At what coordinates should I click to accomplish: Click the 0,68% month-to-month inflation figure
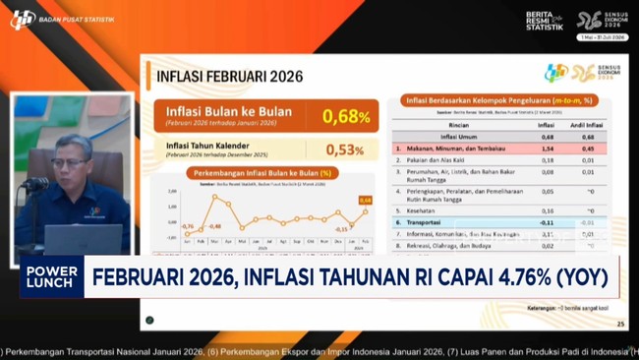tap(346, 117)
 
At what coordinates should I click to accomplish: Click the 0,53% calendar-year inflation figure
tap(344, 150)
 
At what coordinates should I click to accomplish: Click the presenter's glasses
tap(71, 163)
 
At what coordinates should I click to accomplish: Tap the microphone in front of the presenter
tap(37, 184)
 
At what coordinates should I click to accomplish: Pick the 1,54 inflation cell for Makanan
tap(548, 148)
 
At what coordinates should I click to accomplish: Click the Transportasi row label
tap(432, 223)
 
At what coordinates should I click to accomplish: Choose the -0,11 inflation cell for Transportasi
tap(547, 223)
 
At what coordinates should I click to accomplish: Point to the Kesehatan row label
tap(425, 210)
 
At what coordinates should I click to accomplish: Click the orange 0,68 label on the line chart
tap(366, 201)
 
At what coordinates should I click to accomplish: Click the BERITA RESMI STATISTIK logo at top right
tap(544, 21)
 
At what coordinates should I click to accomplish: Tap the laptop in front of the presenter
tap(83, 240)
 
